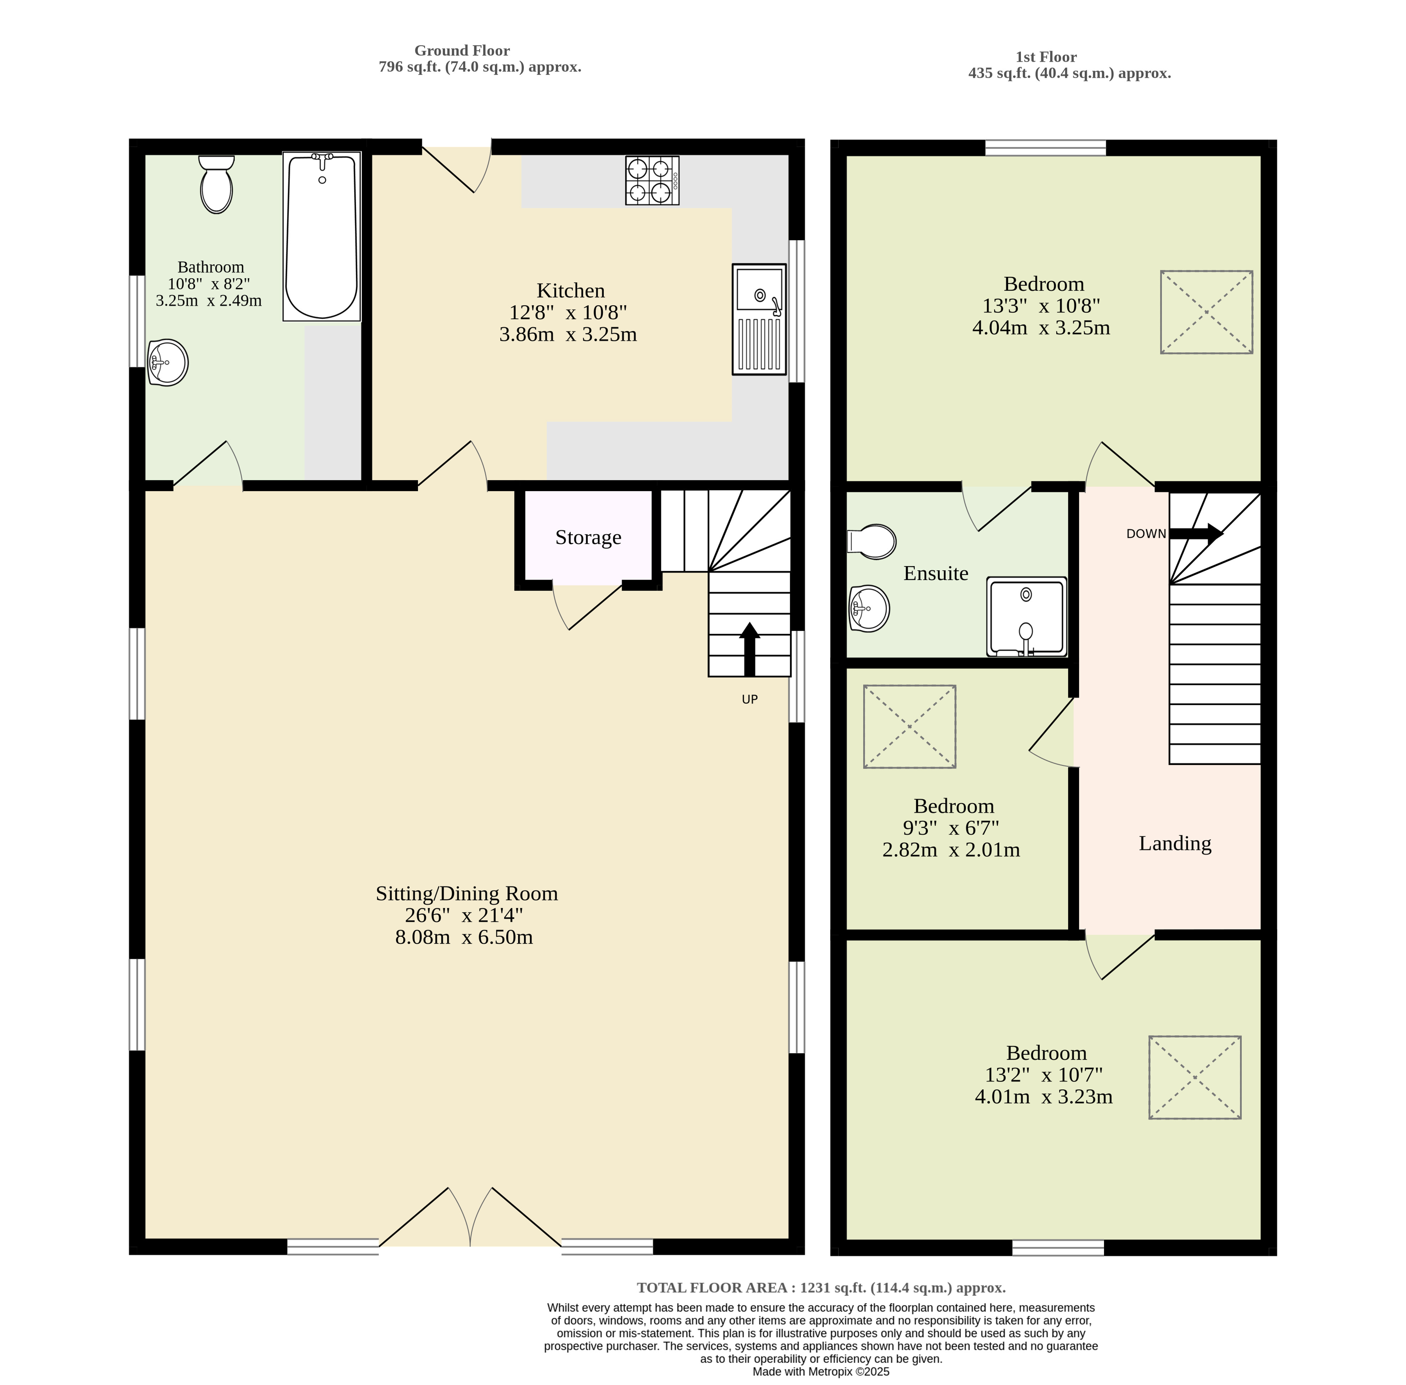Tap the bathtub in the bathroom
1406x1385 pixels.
(x=322, y=236)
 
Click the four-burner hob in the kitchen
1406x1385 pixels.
(x=652, y=180)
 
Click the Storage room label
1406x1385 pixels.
(x=588, y=538)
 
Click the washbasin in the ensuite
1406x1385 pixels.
(x=869, y=608)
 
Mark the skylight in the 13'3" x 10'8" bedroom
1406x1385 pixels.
(x=1206, y=312)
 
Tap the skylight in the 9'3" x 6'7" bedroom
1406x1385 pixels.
(x=909, y=726)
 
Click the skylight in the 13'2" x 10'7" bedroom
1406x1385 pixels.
(x=1194, y=1077)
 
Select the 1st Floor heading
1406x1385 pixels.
(x=1046, y=57)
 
